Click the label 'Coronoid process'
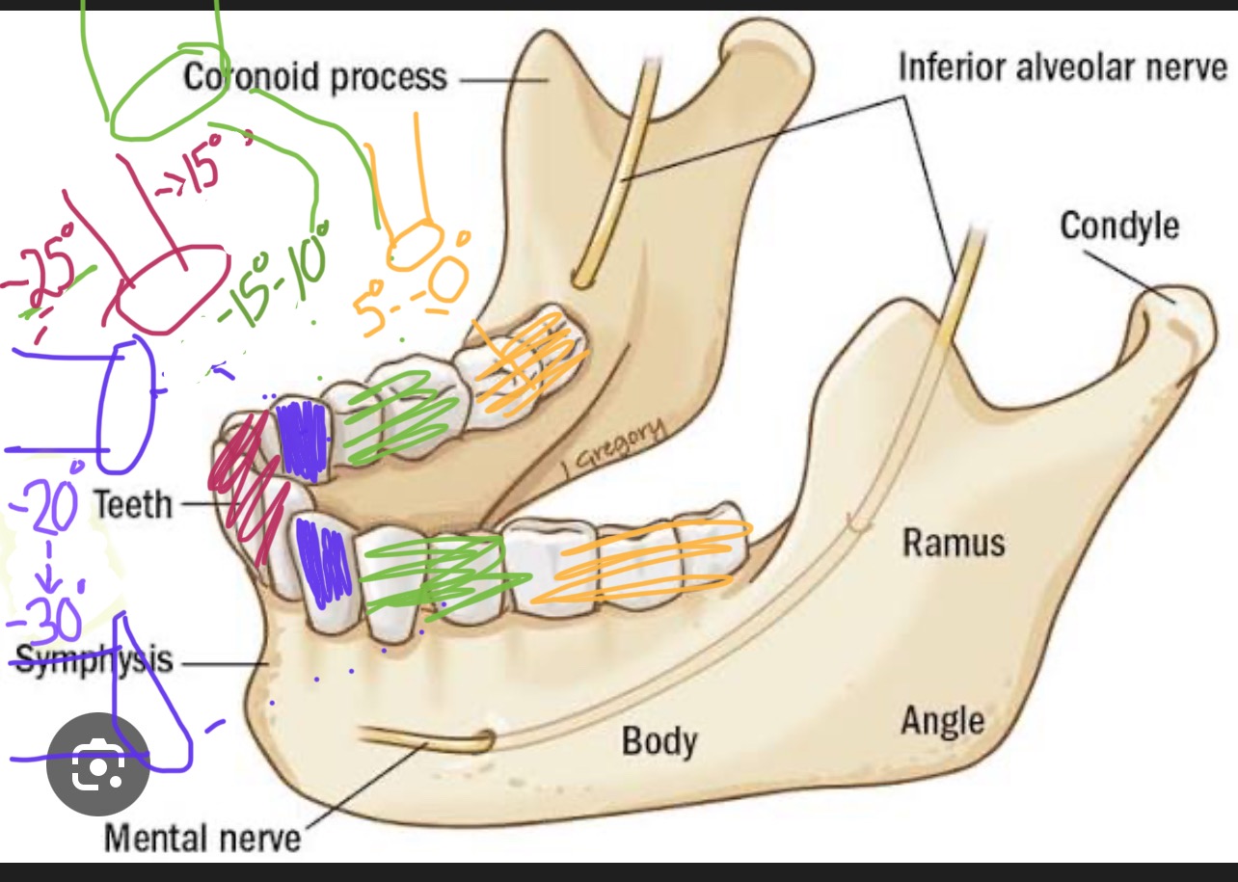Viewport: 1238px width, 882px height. (x=315, y=77)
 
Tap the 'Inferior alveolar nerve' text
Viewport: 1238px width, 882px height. (x=1063, y=67)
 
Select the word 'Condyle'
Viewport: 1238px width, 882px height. (x=1118, y=227)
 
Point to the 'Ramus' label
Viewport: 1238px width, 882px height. (x=953, y=543)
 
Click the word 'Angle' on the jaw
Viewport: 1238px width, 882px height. (x=942, y=720)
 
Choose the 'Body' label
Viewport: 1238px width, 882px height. (x=659, y=741)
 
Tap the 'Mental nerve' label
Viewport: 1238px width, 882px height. (x=202, y=837)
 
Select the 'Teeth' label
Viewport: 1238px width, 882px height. (x=132, y=503)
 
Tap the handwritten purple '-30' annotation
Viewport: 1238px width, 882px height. (x=43, y=622)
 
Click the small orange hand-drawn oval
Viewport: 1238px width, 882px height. (x=415, y=245)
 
